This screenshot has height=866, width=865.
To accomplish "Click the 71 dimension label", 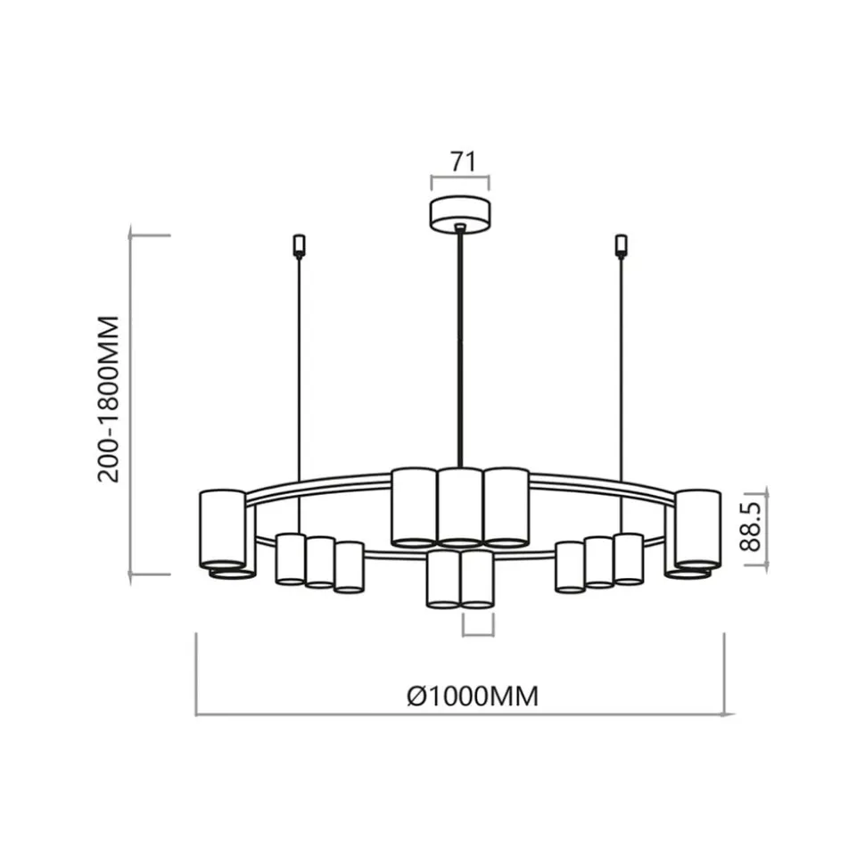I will coord(460,161).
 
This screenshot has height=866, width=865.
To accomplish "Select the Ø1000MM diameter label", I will coord(473,697).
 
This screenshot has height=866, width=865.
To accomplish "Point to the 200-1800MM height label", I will coord(109,398).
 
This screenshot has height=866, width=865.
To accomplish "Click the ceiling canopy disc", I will coord(460,216).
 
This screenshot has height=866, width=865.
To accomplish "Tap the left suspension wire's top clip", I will coord(299,243).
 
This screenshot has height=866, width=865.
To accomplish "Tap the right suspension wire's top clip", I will coord(622,243).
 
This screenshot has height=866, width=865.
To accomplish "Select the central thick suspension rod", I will coord(460,348).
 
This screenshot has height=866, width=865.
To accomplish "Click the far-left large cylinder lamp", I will coord(222,528).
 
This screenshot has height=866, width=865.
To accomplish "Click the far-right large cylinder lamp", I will coord(697,528).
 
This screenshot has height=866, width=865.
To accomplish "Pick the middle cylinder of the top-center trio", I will coord(460,507).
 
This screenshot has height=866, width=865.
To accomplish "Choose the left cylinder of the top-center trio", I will coord(414,506).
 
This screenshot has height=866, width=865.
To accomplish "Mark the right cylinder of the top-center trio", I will coord(507,506).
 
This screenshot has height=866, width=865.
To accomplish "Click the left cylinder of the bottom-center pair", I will coord(443,579).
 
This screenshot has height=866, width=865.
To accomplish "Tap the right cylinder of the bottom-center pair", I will coord(478,579).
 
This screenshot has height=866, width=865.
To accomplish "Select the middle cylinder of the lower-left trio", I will coord(319,562).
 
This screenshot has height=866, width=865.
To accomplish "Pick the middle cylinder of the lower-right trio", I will coord(599,562).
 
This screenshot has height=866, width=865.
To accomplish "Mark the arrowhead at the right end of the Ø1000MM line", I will coord(729,714).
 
